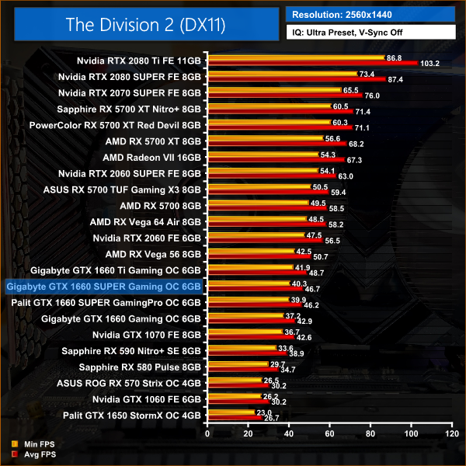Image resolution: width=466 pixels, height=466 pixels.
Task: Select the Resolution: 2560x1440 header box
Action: (x=370, y=13)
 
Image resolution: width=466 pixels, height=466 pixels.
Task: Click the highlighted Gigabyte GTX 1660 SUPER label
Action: (x=103, y=287)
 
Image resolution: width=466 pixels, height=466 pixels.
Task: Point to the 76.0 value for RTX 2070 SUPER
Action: (x=372, y=96)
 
